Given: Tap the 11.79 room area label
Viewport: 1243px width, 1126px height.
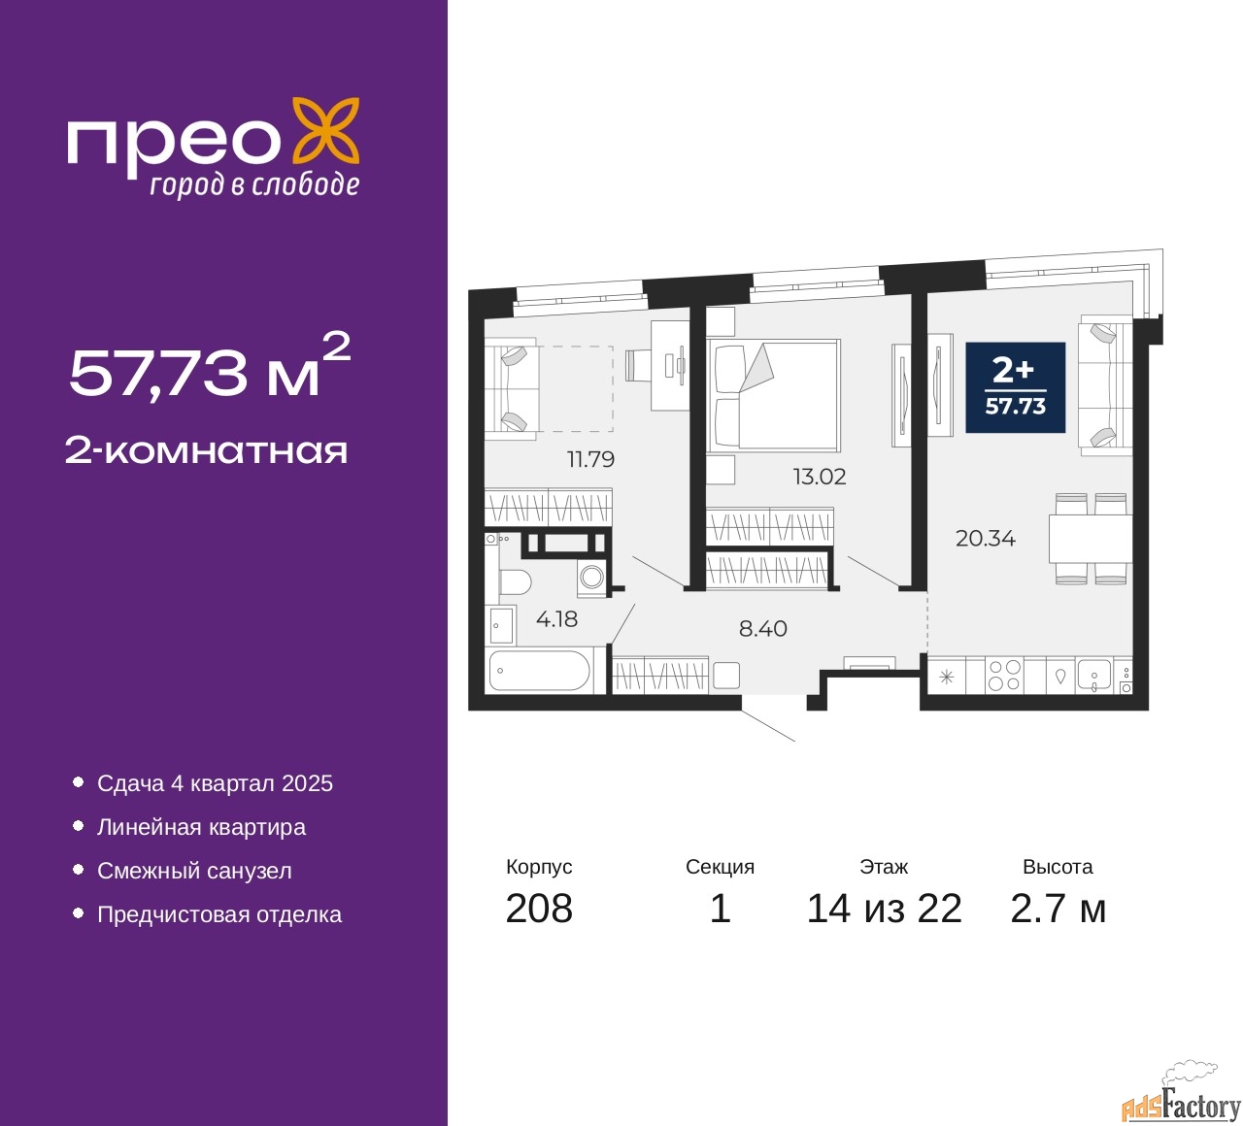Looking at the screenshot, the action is coord(590,459).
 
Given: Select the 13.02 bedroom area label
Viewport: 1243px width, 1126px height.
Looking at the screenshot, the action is coord(820,477).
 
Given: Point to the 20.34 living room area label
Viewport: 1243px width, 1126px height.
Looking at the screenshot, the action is coord(986,539).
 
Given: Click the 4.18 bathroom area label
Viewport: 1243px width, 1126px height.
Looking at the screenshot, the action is coord(556,618).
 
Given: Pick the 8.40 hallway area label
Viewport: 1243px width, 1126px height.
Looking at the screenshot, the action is coord(762,629).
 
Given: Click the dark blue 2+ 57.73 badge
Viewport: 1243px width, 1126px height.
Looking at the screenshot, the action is coord(1016,387).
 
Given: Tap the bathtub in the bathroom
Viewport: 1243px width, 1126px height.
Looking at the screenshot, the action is coord(538,670).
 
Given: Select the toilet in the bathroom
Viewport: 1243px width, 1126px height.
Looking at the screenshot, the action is coord(515,582).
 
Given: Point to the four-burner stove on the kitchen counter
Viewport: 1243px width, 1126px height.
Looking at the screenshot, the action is coord(1004,675).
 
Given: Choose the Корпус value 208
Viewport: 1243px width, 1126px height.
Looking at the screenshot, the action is coord(539,909).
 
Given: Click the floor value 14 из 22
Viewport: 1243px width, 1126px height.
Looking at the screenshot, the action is coord(885,909).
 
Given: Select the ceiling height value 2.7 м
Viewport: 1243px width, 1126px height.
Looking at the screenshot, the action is coord(1058,909).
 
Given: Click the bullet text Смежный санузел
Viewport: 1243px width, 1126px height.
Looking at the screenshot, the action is coord(194,871).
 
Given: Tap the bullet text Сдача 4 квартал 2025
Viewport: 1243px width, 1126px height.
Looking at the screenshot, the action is coord(215,783).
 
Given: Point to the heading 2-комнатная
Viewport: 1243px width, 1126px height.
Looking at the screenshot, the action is coord(206,451).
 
